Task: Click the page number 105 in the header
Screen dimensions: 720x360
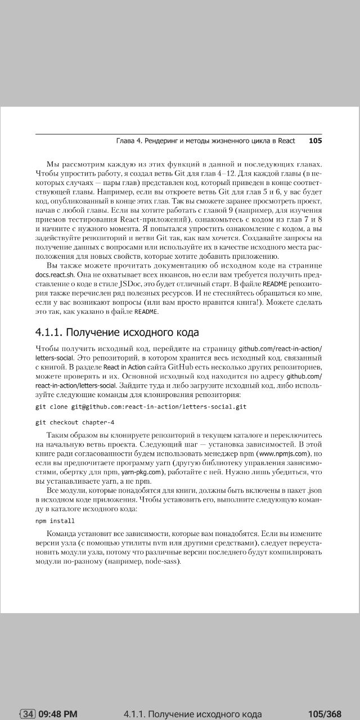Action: (315, 141)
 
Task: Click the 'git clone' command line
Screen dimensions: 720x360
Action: (141, 406)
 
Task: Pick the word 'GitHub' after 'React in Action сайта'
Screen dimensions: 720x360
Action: (176, 367)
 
